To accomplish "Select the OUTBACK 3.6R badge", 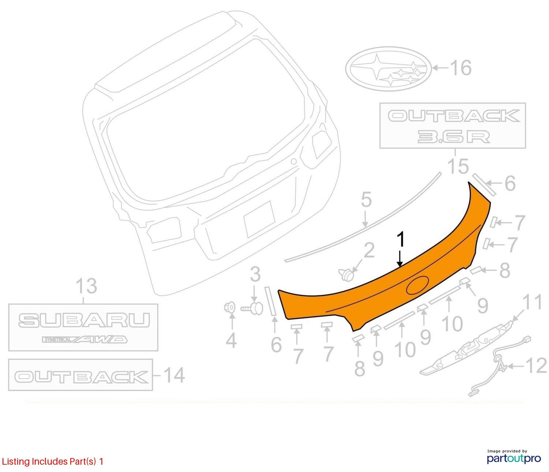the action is click(x=452, y=126).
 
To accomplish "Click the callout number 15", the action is click(x=458, y=166).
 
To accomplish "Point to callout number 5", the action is click(x=366, y=200).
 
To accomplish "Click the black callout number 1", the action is click(x=401, y=239).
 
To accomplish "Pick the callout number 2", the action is click(x=369, y=250).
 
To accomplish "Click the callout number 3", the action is click(x=255, y=274).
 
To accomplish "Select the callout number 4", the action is click(x=231, y=341).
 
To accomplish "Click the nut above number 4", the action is click(x=229, y=308).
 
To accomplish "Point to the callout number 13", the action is click(x=86, y=286).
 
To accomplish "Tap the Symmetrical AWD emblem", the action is click(x=84, y=339).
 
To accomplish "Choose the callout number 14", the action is click(x=174, y=375).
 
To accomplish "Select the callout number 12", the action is click(x=536, y=366).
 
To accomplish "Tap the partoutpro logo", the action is click(x=514, y=458).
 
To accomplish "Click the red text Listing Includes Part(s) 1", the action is click(x=52, y=461).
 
